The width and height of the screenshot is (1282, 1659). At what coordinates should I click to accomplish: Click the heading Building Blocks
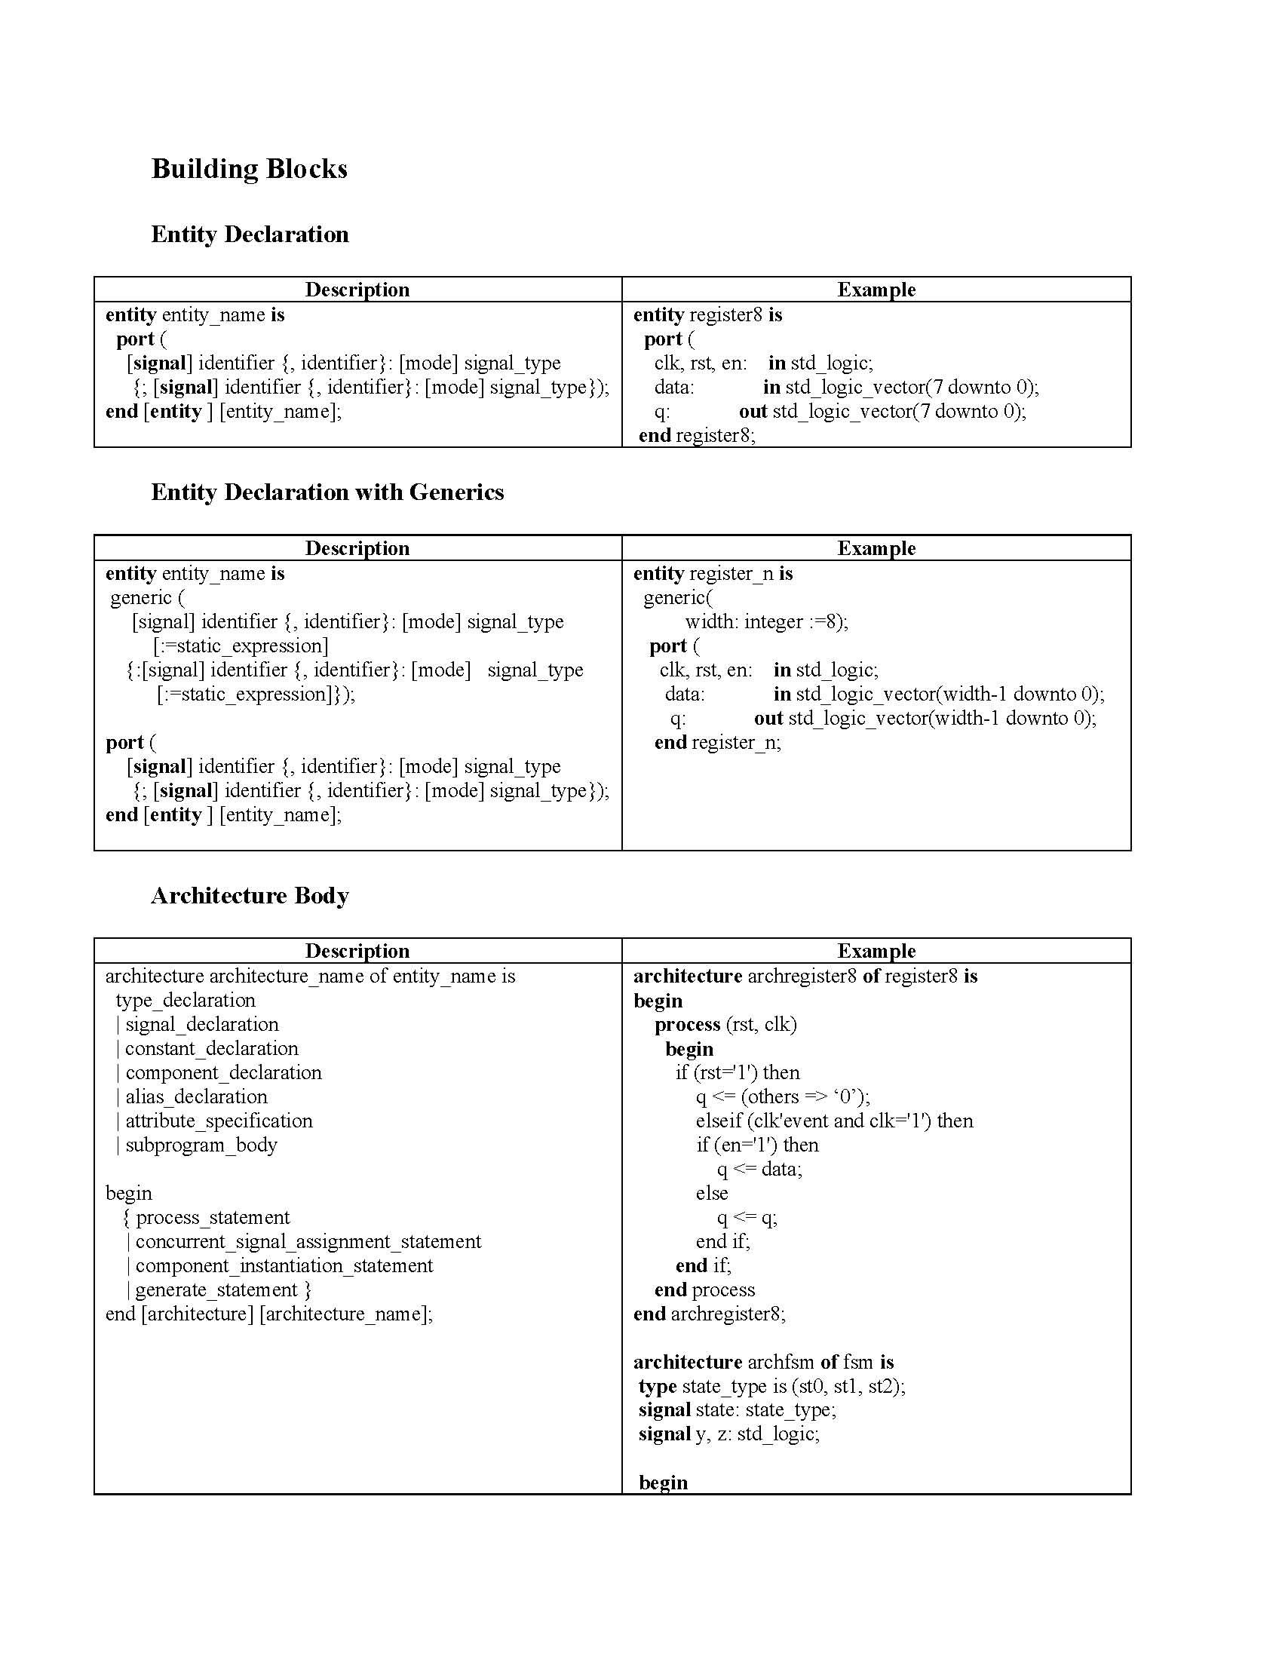pos(249,169)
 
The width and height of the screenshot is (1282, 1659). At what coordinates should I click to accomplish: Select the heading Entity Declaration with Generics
pos(327,492)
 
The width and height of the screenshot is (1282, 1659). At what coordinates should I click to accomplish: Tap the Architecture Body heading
pos(250,896)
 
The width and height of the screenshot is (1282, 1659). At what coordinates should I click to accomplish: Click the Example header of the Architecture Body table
pos(876,951)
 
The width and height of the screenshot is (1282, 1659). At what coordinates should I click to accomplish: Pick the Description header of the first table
pos(357,290)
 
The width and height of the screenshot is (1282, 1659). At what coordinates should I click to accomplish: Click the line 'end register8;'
pos(697,435)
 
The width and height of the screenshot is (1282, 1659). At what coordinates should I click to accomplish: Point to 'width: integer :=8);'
pos(766,621)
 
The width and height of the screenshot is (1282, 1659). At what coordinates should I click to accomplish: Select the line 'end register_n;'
pos(717,742)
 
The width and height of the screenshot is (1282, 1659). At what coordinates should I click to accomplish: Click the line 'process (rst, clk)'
pos(725,1024)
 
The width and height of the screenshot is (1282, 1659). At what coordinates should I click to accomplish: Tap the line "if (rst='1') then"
pos(738,1072)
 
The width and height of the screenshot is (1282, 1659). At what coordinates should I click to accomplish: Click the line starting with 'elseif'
pos(834,1121)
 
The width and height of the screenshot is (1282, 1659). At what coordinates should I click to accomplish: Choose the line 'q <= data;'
pos(759,1169)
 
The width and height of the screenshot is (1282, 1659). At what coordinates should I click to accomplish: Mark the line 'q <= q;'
pos(747,1218)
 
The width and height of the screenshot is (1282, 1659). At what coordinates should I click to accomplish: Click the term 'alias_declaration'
pos(196,1097)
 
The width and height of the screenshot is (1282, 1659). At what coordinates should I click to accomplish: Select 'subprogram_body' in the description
pos(201,1145)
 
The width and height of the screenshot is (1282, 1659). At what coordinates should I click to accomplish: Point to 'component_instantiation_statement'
pos(284,1265)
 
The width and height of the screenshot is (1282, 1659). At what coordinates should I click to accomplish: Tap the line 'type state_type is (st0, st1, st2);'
pos(771,1386)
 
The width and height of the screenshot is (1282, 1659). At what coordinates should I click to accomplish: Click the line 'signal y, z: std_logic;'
pos(729,1434)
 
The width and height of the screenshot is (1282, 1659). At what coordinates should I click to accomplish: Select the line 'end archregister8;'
pos(710,1314)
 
